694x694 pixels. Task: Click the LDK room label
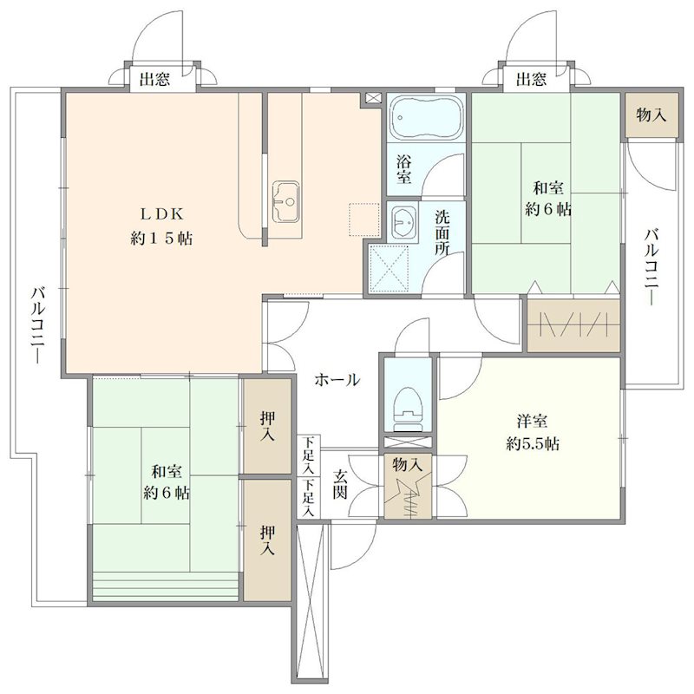pos(162,214)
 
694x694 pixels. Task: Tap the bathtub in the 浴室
pos(426,117)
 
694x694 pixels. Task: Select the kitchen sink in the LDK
pos(285,201)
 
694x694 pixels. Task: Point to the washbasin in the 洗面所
pos(403,222)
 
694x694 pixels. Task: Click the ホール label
pos(337,380)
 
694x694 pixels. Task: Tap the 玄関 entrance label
pos(340,484)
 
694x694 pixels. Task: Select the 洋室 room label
pos(532,421)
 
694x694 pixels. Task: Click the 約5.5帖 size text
pos(533,443)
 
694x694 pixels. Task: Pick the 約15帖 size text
pos(161,239)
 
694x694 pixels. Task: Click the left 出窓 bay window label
pos(154,80)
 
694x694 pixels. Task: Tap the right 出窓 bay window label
pos(531,79)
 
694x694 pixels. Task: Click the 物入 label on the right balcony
pos(651,115)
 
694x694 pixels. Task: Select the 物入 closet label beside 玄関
pos(407,465)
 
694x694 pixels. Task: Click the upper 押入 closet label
pos(267,426)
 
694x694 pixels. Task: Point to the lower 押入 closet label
pos(267,540)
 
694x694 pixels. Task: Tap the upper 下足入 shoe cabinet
pos(309,456)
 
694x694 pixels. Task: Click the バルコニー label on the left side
pos(38,324)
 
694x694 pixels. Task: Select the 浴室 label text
pos(403,168)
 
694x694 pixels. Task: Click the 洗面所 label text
pos(442,232)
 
